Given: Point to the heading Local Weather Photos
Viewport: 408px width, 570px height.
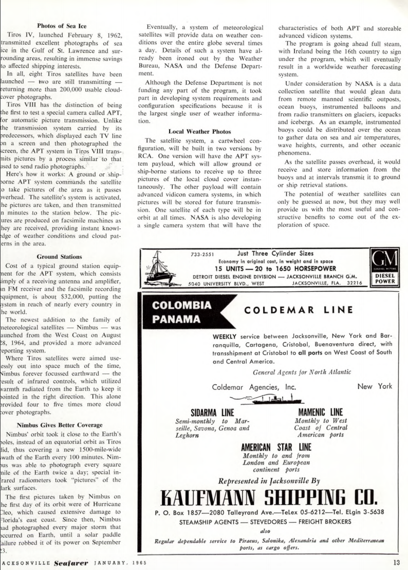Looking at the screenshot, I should click(x=200, y=131).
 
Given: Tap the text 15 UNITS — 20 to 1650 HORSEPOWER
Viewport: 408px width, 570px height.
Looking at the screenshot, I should click(x=275, y=268).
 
